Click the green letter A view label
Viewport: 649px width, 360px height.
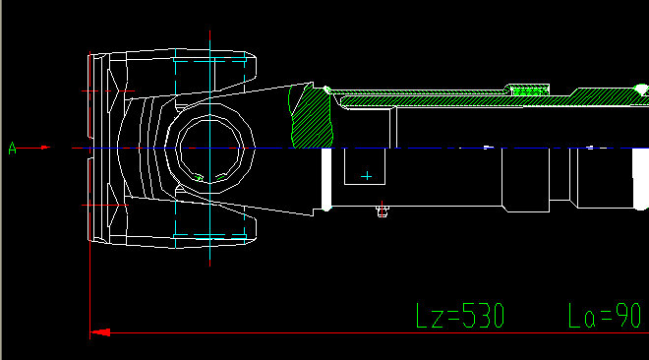[x=13, y=149]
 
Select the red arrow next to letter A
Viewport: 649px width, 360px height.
[x=34, y=148]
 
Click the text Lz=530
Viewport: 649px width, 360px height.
[x=460, y=316]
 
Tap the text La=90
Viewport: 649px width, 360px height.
[x=605, y=316]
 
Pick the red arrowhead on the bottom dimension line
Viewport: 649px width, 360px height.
[x=100, y=332]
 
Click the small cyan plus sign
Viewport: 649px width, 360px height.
[x=367, y=176]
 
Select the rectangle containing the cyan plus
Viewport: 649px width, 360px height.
[x=365, y=166]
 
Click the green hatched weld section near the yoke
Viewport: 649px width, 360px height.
[x=312, y=118]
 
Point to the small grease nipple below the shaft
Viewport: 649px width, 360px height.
[x=383, y=211]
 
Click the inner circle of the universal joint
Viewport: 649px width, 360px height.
[x=209, y=124]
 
